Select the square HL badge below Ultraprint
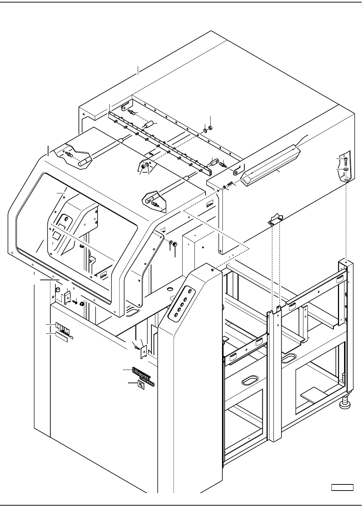[x=141, y=385]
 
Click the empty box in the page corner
[x=342, y=487]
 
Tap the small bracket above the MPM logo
[x=67, y=297]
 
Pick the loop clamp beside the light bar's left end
[x=236, y=172]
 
